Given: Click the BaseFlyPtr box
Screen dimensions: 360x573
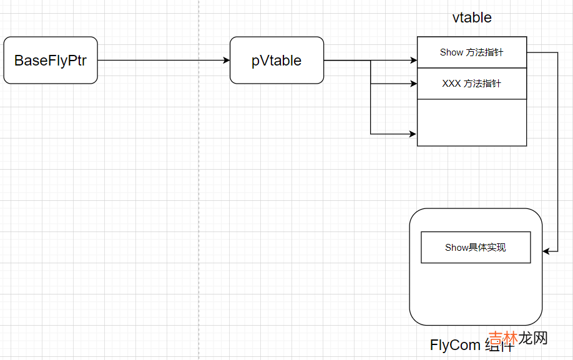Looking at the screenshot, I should (x=51, y=61).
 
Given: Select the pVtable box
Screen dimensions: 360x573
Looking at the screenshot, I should (x=277, y=61).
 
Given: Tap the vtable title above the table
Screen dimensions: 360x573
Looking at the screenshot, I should (x=472, y=17).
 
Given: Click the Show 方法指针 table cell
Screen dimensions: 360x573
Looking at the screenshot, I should (x=471, y=52).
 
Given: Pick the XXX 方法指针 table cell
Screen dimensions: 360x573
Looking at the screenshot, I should (x=471, y=84).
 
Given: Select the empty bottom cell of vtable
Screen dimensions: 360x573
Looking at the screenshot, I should (x=471, y=122).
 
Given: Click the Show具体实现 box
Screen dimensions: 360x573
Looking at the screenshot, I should (x=476, y=248).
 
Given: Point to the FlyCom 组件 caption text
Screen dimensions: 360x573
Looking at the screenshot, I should (x=471, y=346).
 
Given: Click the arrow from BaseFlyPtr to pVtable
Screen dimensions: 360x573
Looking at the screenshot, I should (x=162, y=61).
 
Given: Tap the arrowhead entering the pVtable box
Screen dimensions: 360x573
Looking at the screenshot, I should (x=226, y=61).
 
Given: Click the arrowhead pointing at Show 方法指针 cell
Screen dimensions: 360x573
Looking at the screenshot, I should (x=413, y=61).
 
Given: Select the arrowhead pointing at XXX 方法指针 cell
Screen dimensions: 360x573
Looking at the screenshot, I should (x=413, y=83).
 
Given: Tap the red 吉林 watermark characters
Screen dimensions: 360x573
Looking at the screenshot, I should (x=503, y=339).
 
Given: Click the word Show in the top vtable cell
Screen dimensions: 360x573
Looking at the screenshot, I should (x=451, y=52).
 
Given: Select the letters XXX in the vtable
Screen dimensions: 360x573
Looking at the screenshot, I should (x=451, y=84).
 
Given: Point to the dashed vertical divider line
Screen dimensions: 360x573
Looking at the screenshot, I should (x=199, y=187).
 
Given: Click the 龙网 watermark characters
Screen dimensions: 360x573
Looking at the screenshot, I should (x=534, y=339).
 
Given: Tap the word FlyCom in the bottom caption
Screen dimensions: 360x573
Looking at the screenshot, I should (x=455, y=346).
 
